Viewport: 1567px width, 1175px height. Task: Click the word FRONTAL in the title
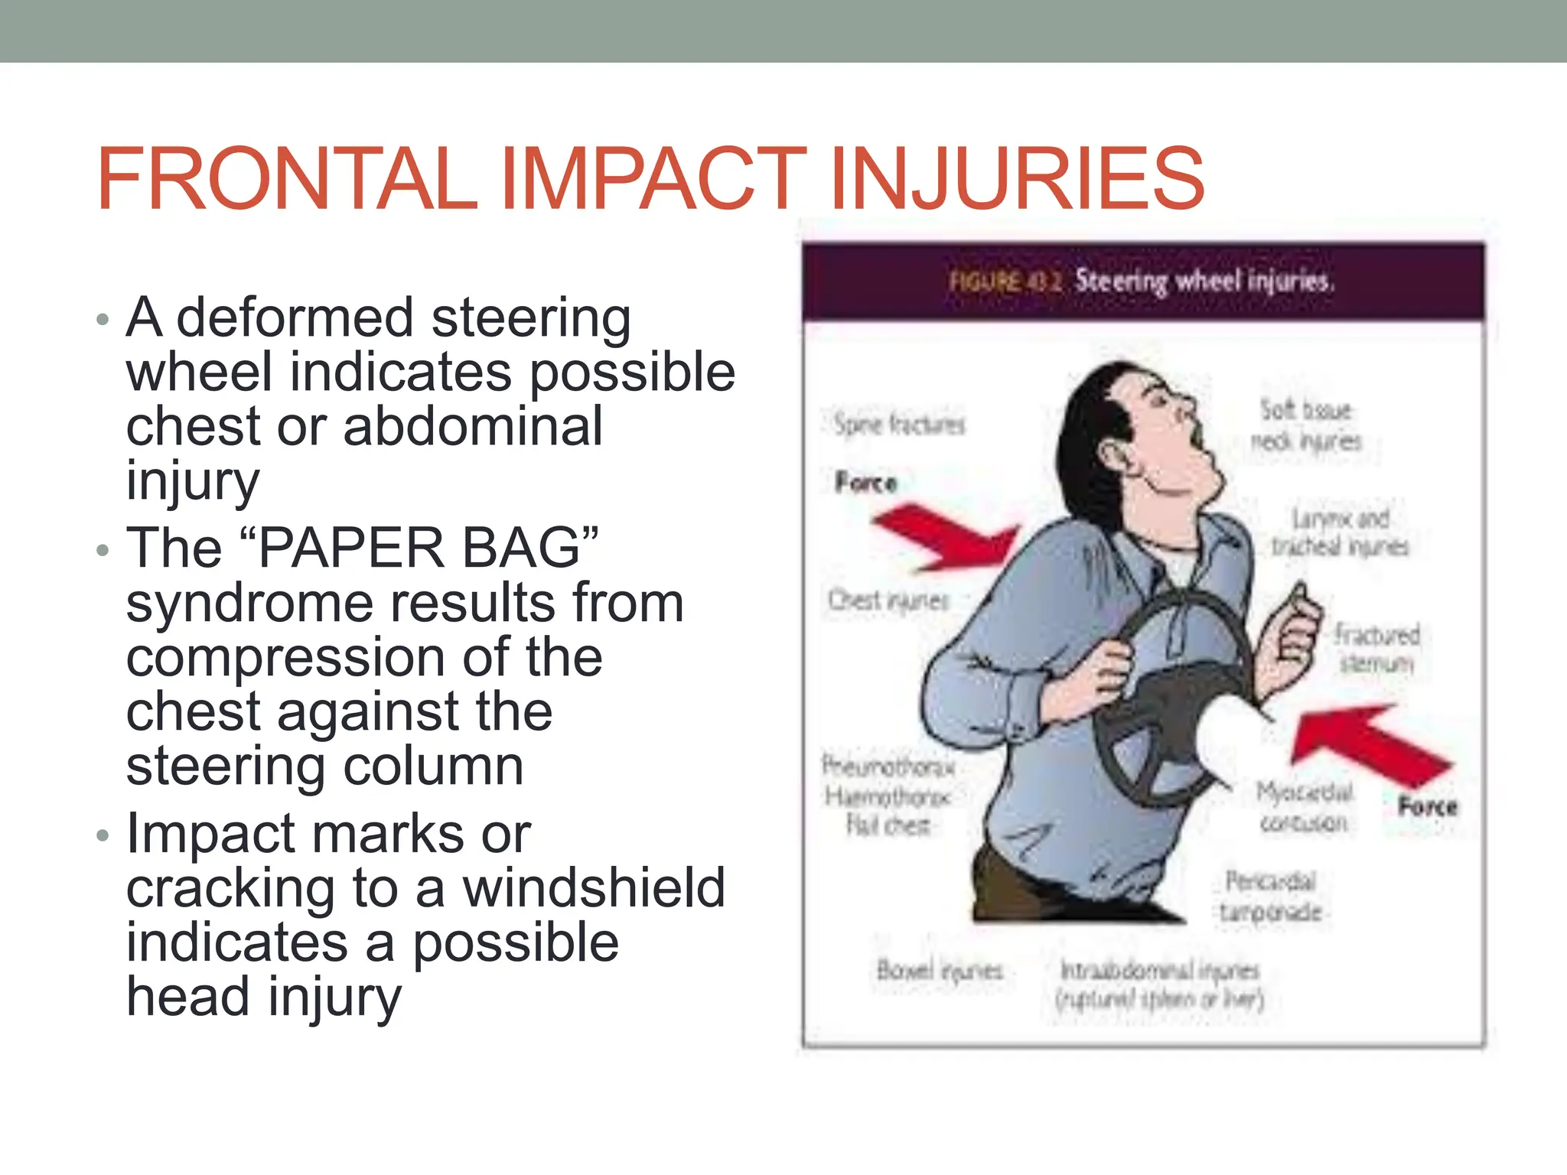[x=287, y=180]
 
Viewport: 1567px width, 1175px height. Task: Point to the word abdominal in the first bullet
[x=473, y=427]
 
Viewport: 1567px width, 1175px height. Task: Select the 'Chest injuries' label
[x=888, y=601]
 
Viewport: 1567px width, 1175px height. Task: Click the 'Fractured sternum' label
[x=1376, y=648]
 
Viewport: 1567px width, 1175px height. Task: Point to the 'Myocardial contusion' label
[x=1304, y=807]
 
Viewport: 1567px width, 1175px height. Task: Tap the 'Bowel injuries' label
[x=939, y=971]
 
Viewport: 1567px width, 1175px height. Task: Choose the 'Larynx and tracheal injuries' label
[x=1340, y=532]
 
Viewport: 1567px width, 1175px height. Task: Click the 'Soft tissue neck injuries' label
[x=1306, y=425]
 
